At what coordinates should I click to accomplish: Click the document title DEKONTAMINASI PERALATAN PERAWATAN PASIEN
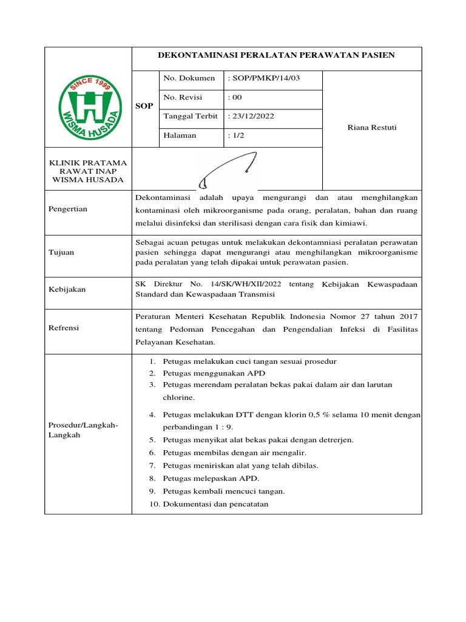276,55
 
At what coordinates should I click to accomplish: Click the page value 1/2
235,135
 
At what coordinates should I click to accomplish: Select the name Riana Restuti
371,128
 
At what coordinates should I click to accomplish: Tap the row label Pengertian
68,209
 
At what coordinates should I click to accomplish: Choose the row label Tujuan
61,252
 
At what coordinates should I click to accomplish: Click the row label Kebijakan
67,290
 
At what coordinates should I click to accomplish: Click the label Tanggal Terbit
190,117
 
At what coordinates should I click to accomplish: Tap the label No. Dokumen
189,78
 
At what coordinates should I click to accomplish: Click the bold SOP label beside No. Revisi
144,106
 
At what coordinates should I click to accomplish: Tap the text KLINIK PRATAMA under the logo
89,163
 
